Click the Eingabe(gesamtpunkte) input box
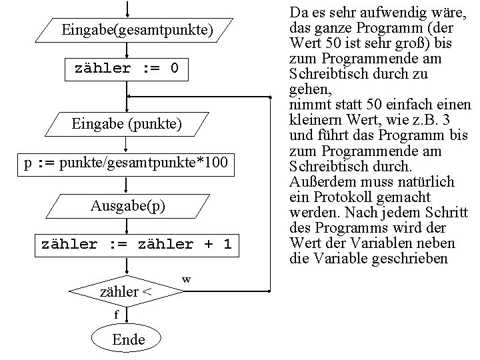click(137, 30)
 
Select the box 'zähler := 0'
click(127, 69)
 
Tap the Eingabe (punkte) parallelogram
click(127, 124)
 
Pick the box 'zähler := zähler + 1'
click(136, 245)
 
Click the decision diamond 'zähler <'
click(125, 291)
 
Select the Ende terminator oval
click(128, 339)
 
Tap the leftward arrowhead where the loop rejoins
click(131, 97)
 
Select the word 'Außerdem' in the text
click(316, 182)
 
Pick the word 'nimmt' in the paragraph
click(305, 105)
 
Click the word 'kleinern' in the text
click(315, 121)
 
